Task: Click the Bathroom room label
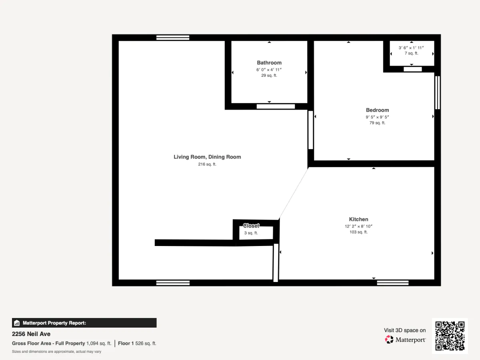[269, 63]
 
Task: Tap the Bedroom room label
[378, 110]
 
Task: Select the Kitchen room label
[359, 219]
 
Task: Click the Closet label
[251, 226]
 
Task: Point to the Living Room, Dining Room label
[207, 157]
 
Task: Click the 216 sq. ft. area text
[207, 164]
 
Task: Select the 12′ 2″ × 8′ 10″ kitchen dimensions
[359, 226]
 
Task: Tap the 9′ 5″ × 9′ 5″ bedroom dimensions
[378, 117]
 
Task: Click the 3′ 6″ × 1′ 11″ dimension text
[411, 48]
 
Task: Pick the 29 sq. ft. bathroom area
[269, 76]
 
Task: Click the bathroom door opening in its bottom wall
[276, 106]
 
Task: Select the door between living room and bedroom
[310, 130]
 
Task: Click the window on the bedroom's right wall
[437, 92]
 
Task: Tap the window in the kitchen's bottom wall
[393, 283]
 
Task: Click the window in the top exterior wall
[173, 38]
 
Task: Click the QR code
[450, 336]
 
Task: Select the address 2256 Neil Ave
[31, 334]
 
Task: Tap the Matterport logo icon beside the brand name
[389, 340]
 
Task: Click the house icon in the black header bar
[17, 323]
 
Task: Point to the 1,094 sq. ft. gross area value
[99, 343]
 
